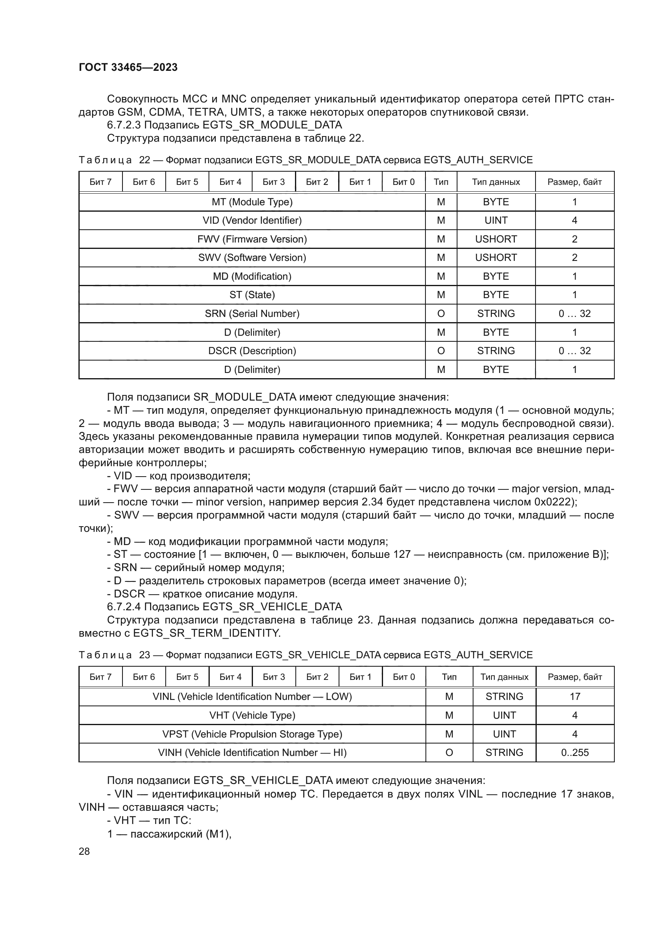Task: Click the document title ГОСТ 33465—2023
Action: (x=128, y=67)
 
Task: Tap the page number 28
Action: (x=84, y=851)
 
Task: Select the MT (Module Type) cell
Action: (x=252, y=202)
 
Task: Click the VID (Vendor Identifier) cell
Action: (x=252, y=220)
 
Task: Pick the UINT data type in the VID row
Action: (x=495, y=220)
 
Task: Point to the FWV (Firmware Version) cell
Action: (x=252, y=239)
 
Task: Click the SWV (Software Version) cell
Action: (x=252, y=258)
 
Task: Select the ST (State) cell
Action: (x=252, y=295)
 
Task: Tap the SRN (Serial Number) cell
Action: (x=252, y=313)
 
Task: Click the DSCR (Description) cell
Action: (x=252, y=351)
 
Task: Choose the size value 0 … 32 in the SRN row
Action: (x=574, y=313)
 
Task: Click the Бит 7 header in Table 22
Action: (x=100, y=182)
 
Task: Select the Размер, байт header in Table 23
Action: (x=575, y=677)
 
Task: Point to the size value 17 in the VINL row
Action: (x=575, y=696)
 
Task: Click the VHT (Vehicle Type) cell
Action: (x=252, y=715)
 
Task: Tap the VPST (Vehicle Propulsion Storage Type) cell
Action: (x=252, y=734)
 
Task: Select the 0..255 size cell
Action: (x=575, y=753)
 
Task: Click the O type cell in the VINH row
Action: (x=449, y=753)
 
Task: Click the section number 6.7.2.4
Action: (x=124, y=607)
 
